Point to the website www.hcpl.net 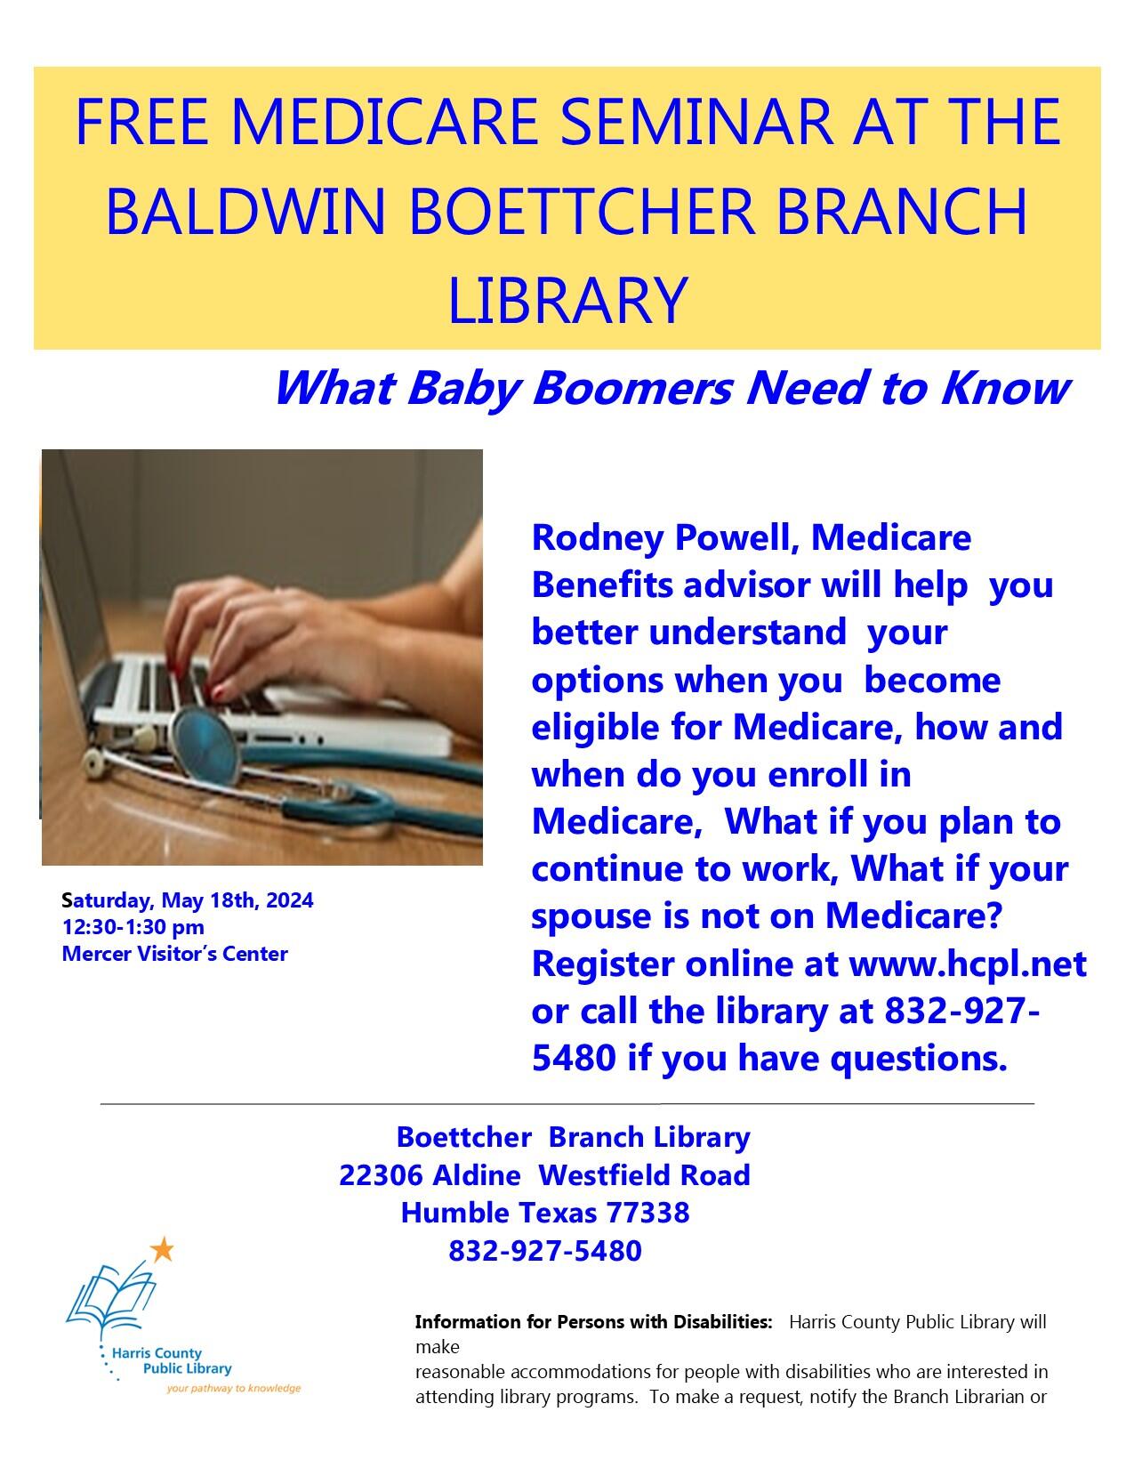coord(969,964)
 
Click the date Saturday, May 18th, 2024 coord(188,900)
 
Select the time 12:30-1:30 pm coord(133,927)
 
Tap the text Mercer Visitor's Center coord(175,954)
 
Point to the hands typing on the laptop coord(267,632)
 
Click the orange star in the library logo coord(162,1250)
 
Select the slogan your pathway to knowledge coord(234,1388)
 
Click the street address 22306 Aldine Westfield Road coord(544,1175)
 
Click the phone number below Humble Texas coord(544,1251)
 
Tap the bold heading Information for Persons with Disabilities coord(593,1322)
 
